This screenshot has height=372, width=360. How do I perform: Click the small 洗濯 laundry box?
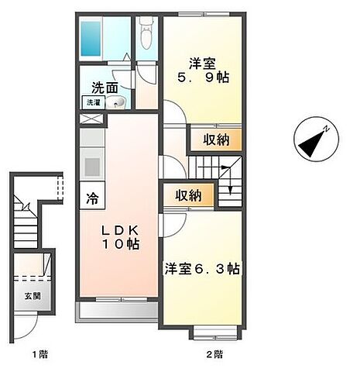[93, 102]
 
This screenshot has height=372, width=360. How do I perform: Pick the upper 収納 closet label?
[216, 139]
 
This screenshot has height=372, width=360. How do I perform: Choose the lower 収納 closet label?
[187, 196]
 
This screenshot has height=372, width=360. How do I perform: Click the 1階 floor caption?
[39, 355]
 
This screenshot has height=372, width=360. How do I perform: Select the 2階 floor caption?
[215, 355]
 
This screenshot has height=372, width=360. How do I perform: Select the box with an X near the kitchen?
[91, 120]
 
